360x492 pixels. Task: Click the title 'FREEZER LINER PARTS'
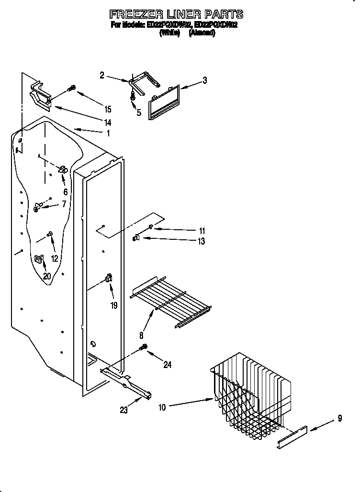coord(177,14)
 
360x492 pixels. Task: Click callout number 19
coord(114,305)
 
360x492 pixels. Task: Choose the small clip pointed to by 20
coord(38,259)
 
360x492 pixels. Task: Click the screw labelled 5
coord(133,96)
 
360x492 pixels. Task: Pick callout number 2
coord(102,75)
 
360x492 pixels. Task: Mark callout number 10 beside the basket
coord(162,407)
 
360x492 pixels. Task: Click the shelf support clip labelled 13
coord(135,237)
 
